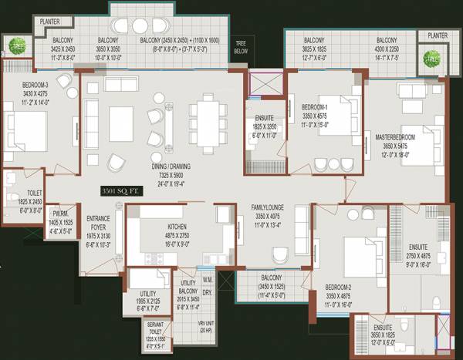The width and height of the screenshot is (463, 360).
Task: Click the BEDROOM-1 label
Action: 316,106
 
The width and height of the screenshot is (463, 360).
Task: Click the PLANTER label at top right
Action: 437,35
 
